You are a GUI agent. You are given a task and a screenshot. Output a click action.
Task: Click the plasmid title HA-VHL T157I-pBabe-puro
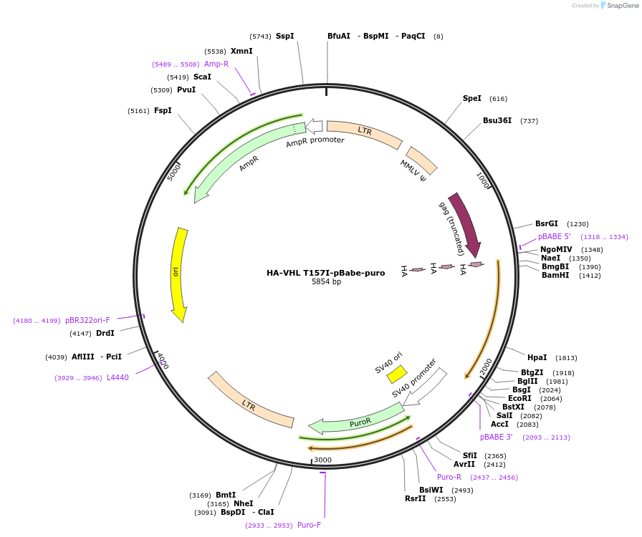(325, 273)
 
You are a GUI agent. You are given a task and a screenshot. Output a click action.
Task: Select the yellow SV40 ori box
(397, 374)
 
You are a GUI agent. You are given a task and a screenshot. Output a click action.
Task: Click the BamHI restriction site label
(555, 275)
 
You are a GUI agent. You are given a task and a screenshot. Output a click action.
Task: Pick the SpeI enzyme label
(472, 99)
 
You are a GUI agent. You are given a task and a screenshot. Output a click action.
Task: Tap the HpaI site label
(537, 357)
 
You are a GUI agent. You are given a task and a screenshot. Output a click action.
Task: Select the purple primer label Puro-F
(309, 525)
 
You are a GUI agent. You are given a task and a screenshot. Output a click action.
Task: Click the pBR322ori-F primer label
(87, 320)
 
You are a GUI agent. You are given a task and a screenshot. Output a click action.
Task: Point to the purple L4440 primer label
(118, 377)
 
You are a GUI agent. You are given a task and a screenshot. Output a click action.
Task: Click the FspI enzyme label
(163, 111)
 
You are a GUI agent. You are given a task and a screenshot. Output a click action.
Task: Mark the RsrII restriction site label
(415, 498)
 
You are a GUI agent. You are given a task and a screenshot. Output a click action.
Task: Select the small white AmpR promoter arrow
(314, 127)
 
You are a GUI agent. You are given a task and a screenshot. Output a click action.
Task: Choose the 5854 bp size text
(326, 282)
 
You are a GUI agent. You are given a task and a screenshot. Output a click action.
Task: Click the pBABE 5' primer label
(554, 236)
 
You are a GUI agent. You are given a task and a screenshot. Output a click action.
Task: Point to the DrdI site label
(105, 333)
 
